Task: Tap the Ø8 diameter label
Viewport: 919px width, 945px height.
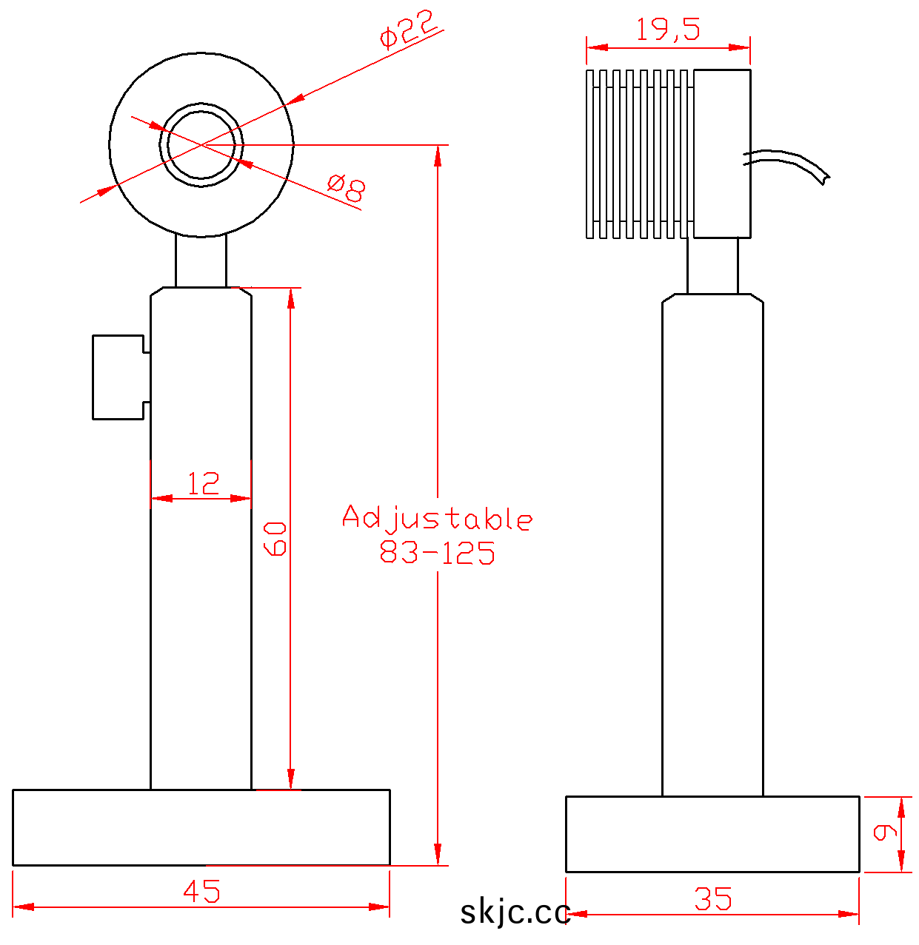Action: point(346,188)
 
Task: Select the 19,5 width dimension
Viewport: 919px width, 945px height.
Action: point(668,29)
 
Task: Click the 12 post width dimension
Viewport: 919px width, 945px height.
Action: point(203,483)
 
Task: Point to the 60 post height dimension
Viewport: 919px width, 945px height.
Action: point(275,539)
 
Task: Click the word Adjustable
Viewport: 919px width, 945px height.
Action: point(437,518)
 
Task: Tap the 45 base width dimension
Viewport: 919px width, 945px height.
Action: point(201,891)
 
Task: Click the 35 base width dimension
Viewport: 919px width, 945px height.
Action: point(712,899)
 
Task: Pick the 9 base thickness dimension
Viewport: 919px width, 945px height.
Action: point(885,833)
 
